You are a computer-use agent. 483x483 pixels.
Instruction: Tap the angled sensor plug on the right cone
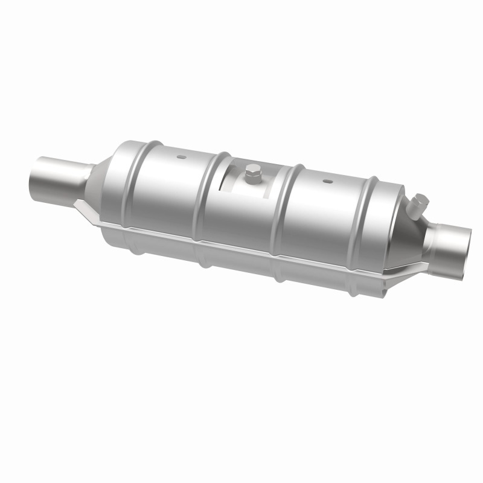pos(417,205)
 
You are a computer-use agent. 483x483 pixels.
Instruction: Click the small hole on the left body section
pos(181,158)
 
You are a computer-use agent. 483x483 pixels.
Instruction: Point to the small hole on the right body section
pos(327,181)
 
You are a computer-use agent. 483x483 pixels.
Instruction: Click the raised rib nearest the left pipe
pos(129,181)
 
